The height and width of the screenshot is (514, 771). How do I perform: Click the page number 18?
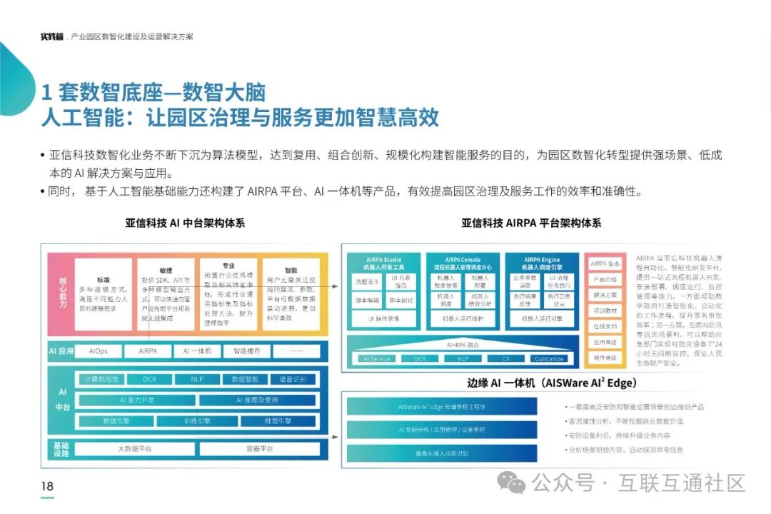[x=47, y=487]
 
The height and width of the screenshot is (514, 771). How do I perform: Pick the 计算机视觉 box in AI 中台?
[x=101, y=379]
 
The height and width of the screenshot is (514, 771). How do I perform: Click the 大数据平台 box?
[x=134, y=449]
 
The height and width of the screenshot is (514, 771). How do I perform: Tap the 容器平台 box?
[x=255, y=449]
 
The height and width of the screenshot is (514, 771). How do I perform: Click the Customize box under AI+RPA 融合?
[x=549, y=358]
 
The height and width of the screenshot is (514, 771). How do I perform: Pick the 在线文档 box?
[x=604, y=326]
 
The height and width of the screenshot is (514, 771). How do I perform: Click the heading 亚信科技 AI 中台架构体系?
[x=185, y=223]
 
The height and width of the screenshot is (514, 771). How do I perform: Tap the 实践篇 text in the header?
[x=51, y=36]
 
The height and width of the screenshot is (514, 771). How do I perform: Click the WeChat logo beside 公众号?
[x=511, y=483]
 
